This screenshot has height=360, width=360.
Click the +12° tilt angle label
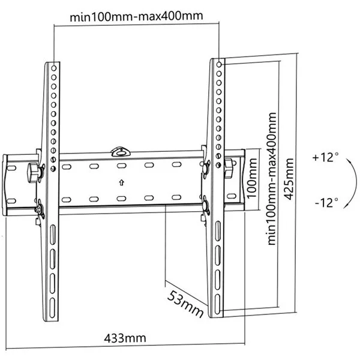(325, 158)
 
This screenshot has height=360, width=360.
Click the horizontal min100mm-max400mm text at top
(136, 16)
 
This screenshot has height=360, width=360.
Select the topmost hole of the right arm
(219, 62)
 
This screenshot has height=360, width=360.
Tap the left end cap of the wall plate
(8, 182)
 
